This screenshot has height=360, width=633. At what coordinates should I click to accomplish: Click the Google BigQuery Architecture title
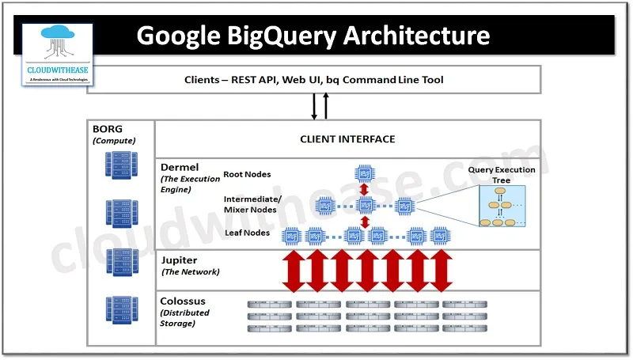click(313, 35)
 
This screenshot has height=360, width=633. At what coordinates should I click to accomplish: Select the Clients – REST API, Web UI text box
click(313, 80)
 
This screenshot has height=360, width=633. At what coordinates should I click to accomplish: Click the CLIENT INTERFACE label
click(347, 139)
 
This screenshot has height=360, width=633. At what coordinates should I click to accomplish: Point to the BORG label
click(108, 128)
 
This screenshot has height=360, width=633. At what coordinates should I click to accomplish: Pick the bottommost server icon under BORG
click(121, 309)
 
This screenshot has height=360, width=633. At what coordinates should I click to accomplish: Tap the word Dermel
click(180, 168)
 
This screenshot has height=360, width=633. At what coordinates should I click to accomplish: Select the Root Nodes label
click(247, 174)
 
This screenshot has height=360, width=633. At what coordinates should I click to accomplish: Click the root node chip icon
click(365, 173)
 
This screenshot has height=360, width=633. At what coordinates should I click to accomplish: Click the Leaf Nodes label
click(246, 233)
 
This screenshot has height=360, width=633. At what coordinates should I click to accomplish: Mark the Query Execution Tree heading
click(502, 175)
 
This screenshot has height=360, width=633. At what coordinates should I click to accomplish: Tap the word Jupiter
click(180, 260)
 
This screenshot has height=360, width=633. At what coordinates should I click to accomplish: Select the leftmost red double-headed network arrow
click(291, 270)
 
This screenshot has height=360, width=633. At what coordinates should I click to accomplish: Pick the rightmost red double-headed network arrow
click(442, 270)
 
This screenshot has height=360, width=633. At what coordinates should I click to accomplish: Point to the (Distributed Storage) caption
click(185, 317)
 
